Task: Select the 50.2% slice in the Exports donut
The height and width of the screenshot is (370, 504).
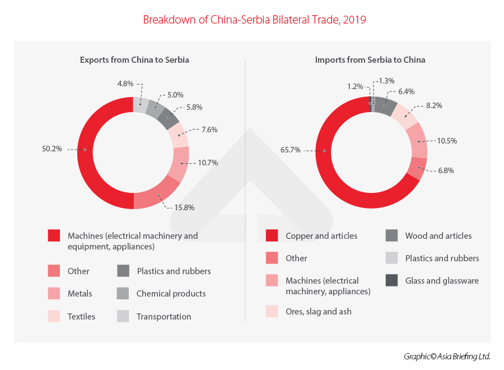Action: tap(85, 150)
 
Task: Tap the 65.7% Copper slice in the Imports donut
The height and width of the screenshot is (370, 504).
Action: tap(325, 151)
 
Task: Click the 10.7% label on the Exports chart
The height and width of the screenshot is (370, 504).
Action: tap(207, 163)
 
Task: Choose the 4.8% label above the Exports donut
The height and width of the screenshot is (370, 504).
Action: tap(125, 85)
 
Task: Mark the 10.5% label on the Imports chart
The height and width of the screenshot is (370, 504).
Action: tap(446, 141)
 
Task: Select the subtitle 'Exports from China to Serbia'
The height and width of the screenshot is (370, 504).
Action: tap(134, 59)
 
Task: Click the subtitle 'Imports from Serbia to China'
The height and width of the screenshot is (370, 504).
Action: tap(370, 59)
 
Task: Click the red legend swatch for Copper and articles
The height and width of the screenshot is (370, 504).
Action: tap(272, 236)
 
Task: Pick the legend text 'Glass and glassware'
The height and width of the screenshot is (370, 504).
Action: tap(442, 280)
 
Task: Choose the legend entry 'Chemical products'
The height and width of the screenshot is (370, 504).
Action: tap(171, 294)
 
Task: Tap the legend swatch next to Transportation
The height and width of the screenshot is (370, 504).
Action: tap(123, 316)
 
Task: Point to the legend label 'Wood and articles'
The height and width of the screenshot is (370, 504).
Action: tap(438, 236)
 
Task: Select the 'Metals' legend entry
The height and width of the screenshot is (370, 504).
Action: tap(80, 294)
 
